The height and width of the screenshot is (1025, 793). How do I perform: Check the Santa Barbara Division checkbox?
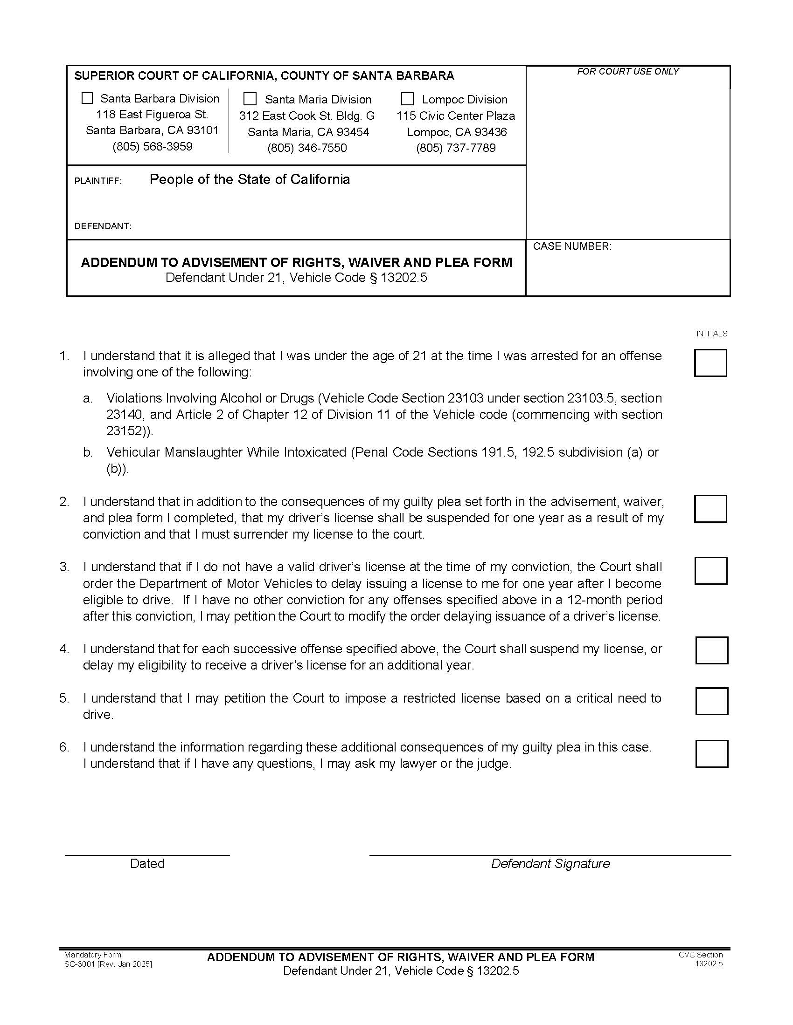[87, 98]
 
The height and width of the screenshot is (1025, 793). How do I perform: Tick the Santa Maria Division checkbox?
[250, 99]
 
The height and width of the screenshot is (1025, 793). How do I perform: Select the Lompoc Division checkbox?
[407, 99]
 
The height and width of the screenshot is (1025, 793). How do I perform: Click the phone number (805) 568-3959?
[152, 146]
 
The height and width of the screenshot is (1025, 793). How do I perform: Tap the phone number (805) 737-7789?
[456, 148]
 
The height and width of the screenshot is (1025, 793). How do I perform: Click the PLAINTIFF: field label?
[97, 181]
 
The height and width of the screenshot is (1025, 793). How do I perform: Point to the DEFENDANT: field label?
[103, 226]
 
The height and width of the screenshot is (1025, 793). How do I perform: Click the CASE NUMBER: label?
[572, 246]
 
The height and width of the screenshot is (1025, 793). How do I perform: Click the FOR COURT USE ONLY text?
[627, 71]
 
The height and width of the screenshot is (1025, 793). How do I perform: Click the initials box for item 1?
[710, 363]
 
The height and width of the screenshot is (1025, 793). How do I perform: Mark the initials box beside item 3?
[710, 571]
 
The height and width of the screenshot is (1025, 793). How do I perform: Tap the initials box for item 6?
[711, 754]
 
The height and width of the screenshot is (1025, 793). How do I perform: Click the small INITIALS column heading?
[711, 334]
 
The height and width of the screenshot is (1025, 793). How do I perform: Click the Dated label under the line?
[147, 863]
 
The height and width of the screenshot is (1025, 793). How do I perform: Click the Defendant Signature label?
[550, 863]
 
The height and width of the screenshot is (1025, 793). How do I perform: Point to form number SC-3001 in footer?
[80, 964]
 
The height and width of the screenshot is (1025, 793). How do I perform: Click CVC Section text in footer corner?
[700, 955]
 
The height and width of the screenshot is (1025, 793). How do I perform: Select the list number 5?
[64, 698]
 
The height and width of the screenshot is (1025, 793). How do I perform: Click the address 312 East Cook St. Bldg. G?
[307, 116]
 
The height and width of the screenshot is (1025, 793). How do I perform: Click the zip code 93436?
[490, 132]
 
